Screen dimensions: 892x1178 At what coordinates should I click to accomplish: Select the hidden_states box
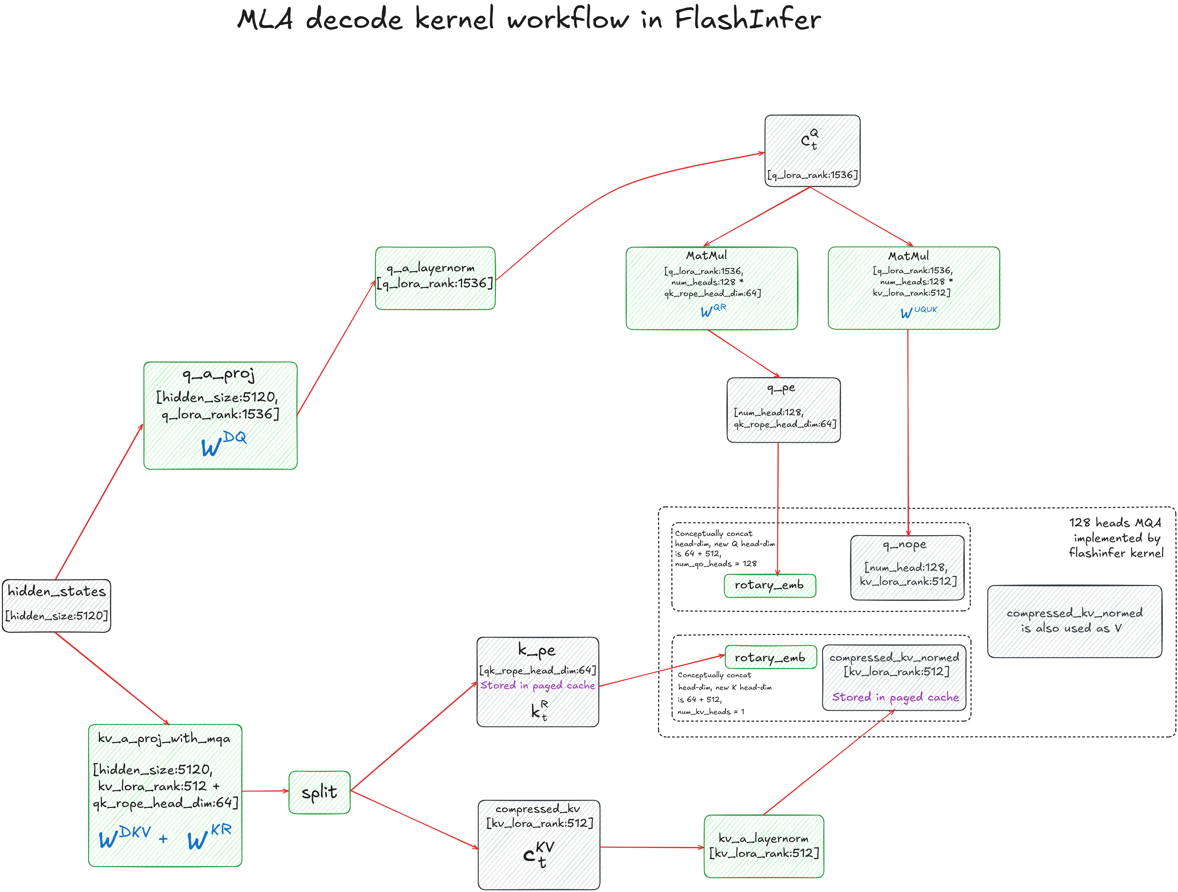[56, 606]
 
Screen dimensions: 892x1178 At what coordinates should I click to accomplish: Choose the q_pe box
[783, 410]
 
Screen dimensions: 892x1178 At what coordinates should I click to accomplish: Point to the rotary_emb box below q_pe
[769, 586]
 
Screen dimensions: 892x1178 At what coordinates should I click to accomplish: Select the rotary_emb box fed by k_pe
[770, 657]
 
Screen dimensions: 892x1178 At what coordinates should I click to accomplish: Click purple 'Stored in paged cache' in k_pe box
[537, 685]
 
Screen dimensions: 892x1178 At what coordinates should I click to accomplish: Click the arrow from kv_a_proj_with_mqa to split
[265, 791]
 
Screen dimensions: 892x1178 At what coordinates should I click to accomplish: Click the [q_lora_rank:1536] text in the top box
[812, 175]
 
